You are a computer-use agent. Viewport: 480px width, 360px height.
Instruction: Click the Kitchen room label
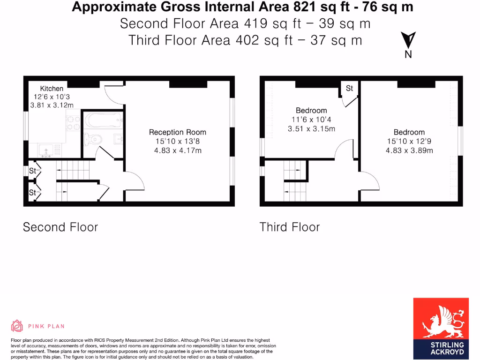pyautogui.click(x=52, y=89)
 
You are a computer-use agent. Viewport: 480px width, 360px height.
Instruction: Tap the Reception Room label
pyautogui.click(x=177, y=133)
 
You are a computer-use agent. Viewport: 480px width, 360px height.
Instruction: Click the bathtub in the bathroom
pyautogui.click(x=104, y=120)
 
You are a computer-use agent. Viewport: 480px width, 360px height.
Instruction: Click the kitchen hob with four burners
pyautogui.click(x=73, y=122)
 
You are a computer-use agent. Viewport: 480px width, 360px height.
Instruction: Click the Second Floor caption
pyautogui.click(x=60, y=227)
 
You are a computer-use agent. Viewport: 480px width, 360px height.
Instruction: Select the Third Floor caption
pyautogui.click(x=289, y=227)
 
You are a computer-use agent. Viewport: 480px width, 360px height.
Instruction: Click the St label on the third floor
pyautogui.click(x=349, y=89)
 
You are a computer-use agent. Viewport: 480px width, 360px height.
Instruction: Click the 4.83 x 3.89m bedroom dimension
pyautogui.click(x=409, y=150)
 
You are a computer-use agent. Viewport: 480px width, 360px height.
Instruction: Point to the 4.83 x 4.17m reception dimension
pyautogui.click(x=177, y=150)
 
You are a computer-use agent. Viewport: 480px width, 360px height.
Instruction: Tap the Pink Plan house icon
pyautogui.click(x=17, y=326)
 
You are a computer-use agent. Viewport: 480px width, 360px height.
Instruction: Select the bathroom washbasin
pyautogui.click(x=118, y=139)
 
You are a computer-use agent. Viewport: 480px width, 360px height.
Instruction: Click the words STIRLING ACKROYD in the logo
pyautogui.click(x=441, y=348)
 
